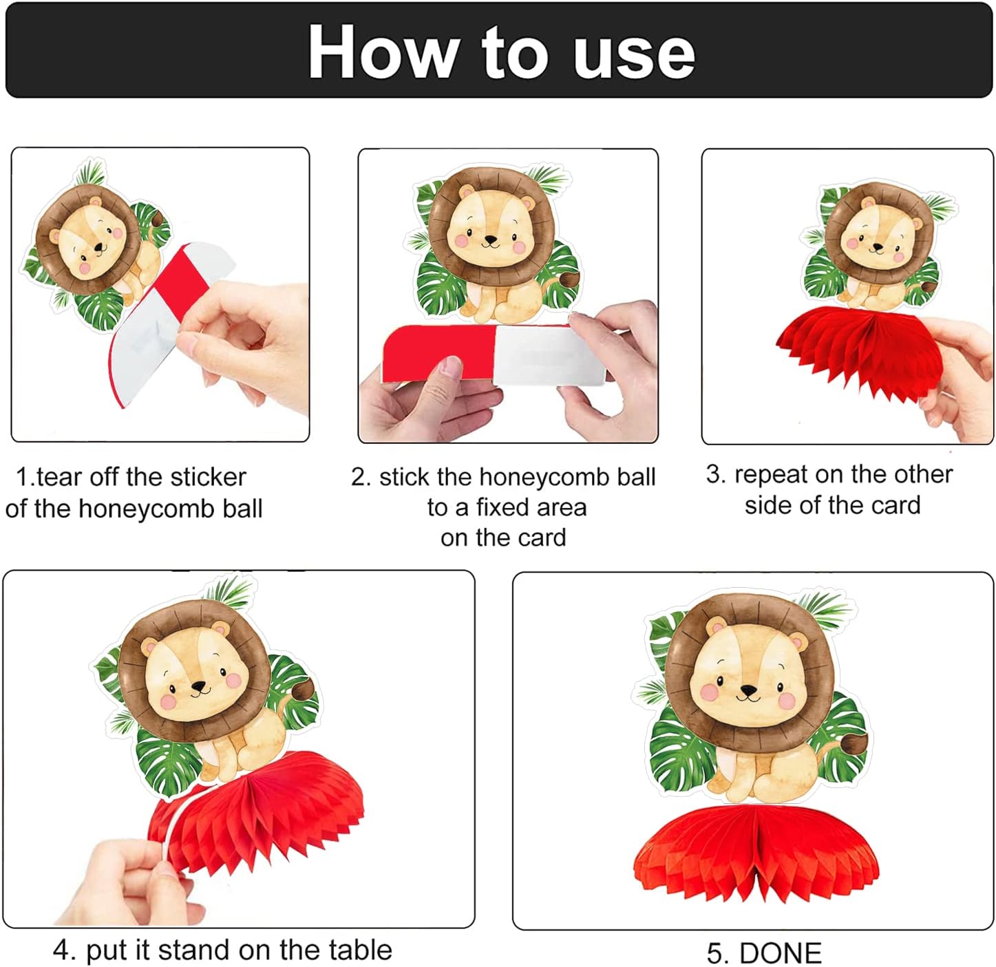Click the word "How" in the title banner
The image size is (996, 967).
[x=383, y=52]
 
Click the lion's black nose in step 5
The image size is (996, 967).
[x=748, y=690]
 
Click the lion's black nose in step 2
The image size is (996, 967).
[x=491, y=238]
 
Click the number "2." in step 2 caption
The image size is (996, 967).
[x=361, y=478]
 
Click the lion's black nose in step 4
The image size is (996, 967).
[x=199, y=685]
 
